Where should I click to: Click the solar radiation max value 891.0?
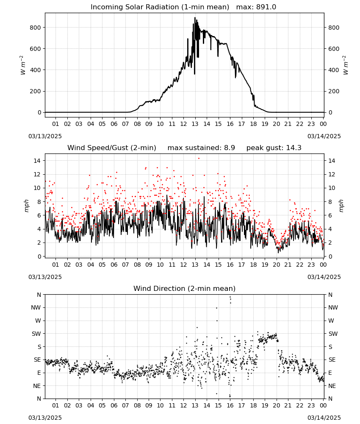pyautogui.click(x=266, y=7)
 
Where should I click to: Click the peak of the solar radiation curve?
pyautogui.click(x=195, y=17)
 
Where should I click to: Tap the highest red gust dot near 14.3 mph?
pyautogui.click(x=199, y=159)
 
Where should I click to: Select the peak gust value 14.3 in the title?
pyautogui.click(x=294, y=148)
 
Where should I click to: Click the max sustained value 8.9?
pyautogui.click(x=230, y=148)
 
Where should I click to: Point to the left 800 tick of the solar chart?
pyautogui.click(x=36, y=28)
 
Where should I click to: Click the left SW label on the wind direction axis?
pyautogui.click(x=36, y=334)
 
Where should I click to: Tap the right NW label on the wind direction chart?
pyautogui.click(x=333, y=307)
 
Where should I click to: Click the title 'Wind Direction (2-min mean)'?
pyautogui.click(x=185, y=288)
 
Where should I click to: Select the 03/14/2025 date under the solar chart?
pyautogui.click(x=324, y=136)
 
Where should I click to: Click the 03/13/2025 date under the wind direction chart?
pyautogui.click(x=45, y=418)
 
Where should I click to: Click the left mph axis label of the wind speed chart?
pyautogui.click(x=26, y=206)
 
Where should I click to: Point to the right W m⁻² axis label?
pyautogui.click(x=346, y=65)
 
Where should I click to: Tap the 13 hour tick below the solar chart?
pyautogui.click(x=195, y=124)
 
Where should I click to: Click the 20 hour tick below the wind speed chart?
pyautogui.click(x=276, y=265)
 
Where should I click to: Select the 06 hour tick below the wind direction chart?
pyautogui.click(x=114, y=406)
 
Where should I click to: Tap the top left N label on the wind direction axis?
pyautogui.click(x=39, y=295)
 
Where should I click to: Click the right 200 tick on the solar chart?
pyautogui.click(x=334, y=91)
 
